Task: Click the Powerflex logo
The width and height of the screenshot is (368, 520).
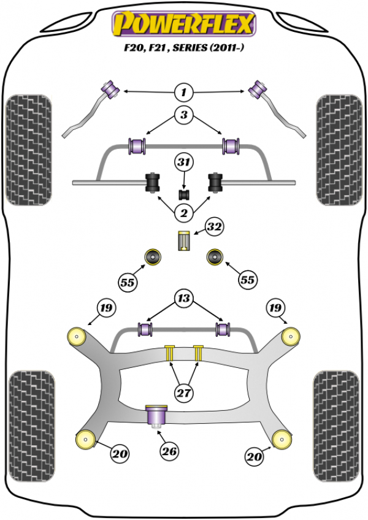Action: pyautogui.click(x=183, y=24)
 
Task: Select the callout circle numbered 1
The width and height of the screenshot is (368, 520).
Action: pyautogui.click(x=183, y=93)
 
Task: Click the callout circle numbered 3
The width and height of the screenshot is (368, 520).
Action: pyautogui.click(x=183, y=115)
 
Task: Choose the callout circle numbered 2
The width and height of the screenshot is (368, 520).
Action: pyautogui.click(x=183, y=213)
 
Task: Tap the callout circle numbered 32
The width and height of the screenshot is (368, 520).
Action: pyautogui.click(x=213, y=227)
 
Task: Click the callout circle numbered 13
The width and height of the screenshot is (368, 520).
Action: pyautogui.click(x=183, y=299)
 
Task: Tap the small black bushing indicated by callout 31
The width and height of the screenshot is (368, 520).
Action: pyautogui.click(x=183, y=194)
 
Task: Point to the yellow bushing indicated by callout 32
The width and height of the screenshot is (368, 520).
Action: pyautogui.click(x=183, y=240)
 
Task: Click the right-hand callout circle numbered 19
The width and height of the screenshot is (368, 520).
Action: pyautogui.click(x=274, y=308)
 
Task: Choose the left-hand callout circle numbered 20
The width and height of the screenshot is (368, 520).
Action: pyautogui.click(x=120, y=454)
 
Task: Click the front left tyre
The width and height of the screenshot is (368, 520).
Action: pyautogui.click(x=28, y=150)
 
